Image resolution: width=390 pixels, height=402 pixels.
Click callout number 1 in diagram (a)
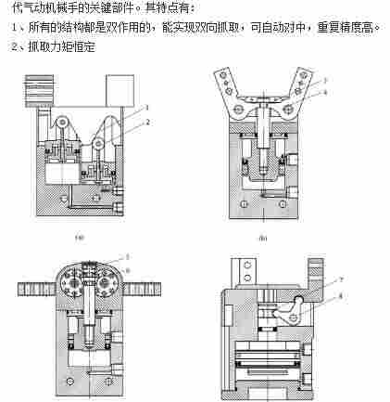point(146,109)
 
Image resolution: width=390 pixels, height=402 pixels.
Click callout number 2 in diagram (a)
point(146,121)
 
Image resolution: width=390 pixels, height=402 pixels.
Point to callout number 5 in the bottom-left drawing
point(127,255)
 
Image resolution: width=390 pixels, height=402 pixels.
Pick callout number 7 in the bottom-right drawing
point(342,279)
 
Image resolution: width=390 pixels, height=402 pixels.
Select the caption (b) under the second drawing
point(264,237)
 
